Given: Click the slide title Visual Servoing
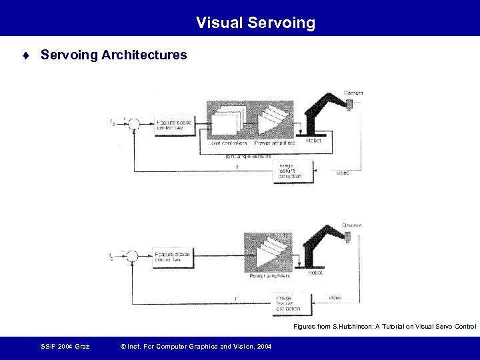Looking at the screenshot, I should [255, 23].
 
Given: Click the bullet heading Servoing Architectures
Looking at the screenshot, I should [114, 55].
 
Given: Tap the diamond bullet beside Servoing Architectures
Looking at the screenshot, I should [25, 55].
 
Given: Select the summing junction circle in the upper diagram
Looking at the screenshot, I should [134, 123].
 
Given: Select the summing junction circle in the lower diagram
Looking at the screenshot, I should [133, 255].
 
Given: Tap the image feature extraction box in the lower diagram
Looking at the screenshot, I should [288, 303].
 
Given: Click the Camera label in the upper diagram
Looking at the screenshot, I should [353, 92].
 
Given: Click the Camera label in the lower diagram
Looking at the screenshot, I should [352, 225].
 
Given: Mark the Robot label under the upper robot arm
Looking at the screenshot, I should [313, 141].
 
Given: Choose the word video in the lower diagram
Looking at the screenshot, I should [337, 297].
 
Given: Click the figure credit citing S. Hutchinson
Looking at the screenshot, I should [385, 327].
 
